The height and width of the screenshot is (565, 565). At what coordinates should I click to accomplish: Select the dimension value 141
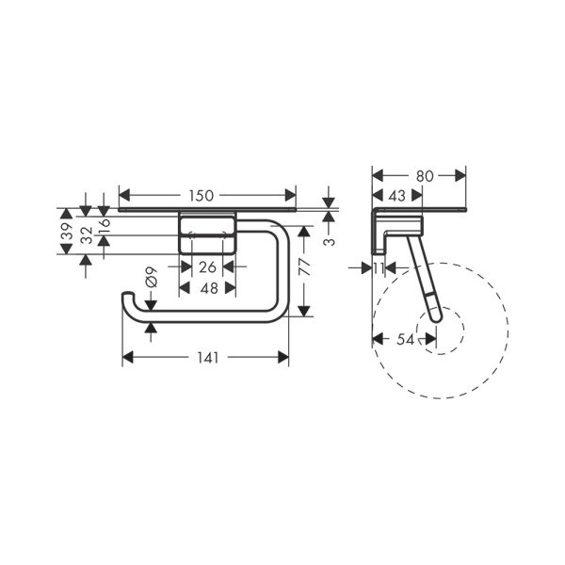[x=206, y=357]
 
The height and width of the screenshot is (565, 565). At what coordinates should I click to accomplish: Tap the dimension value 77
[x=304, y=266]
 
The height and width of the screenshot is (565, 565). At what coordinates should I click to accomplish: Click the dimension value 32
[x=87, y=235]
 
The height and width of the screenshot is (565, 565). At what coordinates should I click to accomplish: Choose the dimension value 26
[x=207, y=267]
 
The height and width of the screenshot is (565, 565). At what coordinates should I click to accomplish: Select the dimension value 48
[x=207, y=288]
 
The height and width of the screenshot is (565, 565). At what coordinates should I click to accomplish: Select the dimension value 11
[x=379, y=268]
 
